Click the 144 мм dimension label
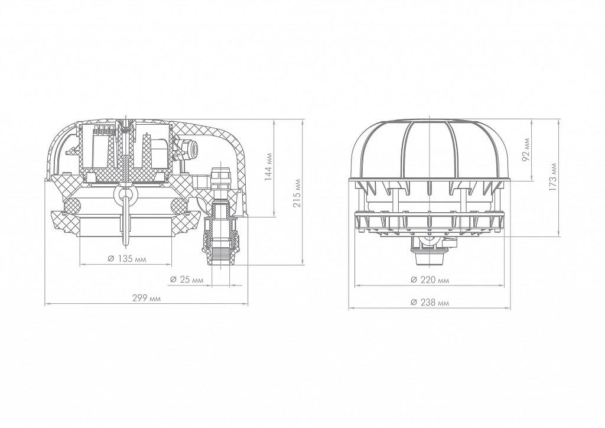(269, 166)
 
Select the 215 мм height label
(297, 193)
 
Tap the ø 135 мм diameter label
(128, 258)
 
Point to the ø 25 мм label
(186, 280)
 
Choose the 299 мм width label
(147, 299)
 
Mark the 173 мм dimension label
(553, 177)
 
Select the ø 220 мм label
(430, 280)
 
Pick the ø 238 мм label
(430, 303)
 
